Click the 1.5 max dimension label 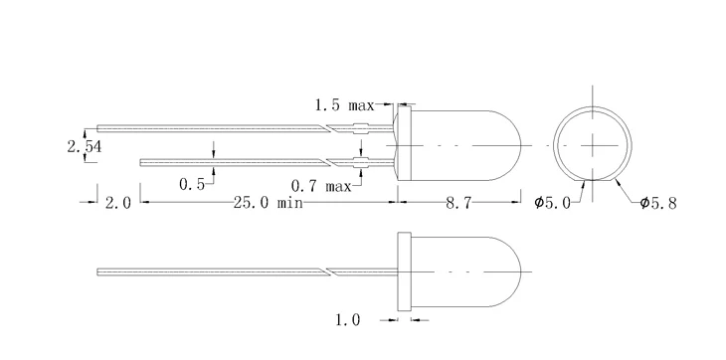(345, 103)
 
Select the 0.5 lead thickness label (192, 184)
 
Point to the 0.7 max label (320, 184)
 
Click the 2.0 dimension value (117, 203)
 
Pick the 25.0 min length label (268, 203)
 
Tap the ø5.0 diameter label (552, 203)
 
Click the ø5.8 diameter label (658, 203)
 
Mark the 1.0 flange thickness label (347, 320)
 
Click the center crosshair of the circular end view (595, 144)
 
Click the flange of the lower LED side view (404, 270)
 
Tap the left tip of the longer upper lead (98, 127)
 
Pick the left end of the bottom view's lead (98, 270)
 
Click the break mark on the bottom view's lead (327, 270)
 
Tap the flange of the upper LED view (400, 144)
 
